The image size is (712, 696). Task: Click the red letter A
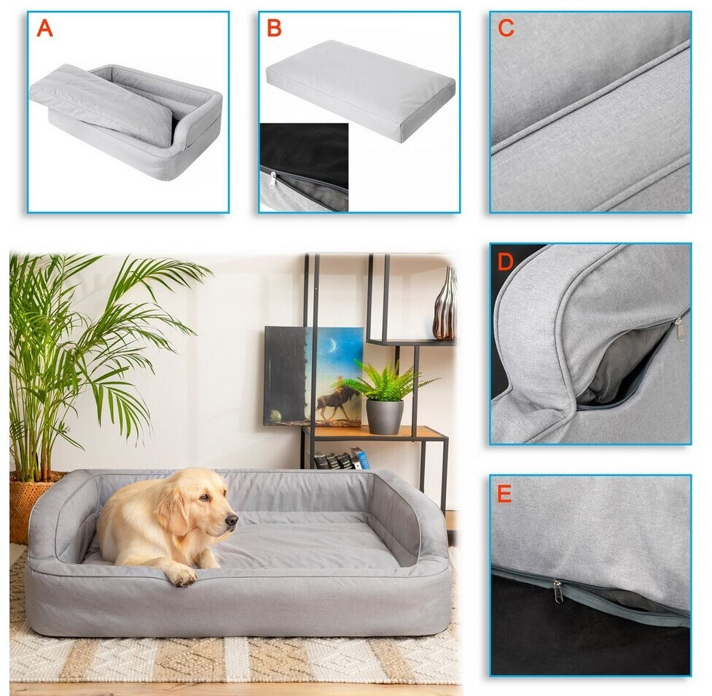click(x=44, y=28)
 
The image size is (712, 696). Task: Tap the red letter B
click(x=274, y=28)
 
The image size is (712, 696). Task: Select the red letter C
click(x=506, y=28)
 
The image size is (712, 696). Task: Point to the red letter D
click(x=505, y=262)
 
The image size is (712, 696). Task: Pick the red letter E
click(x=504, y=493)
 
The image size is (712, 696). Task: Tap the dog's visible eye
click(x=206, y=498)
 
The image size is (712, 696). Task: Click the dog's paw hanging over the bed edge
click(x=184, y=576)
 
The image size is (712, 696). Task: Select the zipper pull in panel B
click(x=273, y=178)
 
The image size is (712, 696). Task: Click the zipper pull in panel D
click(x=680, y=329)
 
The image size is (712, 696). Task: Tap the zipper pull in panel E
click(x=558, y=591)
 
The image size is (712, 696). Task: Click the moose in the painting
click(x=340, y=402)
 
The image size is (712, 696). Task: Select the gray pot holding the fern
click(x=385, y=416)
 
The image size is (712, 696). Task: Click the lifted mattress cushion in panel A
click(x=103, y=103)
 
